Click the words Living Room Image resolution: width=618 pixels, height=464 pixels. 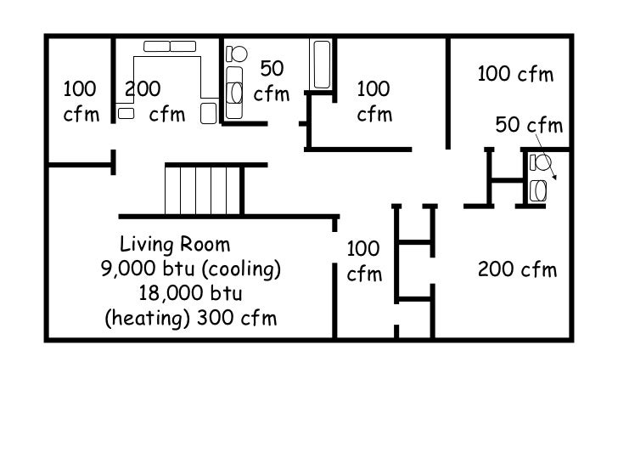point(175,245)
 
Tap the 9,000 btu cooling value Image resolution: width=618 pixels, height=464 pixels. point(191,269)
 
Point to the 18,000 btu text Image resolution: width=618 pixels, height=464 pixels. point(191,293)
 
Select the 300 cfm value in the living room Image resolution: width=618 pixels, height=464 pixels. point(237,318)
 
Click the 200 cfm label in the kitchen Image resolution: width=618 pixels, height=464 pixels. point(154,101)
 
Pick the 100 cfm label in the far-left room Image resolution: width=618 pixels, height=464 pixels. point(81,101)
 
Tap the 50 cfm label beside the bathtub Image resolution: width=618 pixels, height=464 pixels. point(272,81)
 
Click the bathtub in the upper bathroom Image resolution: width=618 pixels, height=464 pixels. point(322,65)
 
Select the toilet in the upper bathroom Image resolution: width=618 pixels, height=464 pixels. point(236,54)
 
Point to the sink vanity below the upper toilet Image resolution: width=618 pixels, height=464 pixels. point(234,93)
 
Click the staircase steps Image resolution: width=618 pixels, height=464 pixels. point(203,190)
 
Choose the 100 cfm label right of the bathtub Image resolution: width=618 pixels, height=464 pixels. point(374,101)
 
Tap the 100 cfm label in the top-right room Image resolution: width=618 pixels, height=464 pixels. point(515,74)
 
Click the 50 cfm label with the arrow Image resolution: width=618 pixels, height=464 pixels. point(529,125)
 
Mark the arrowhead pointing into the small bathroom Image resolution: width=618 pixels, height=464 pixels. point(554,177)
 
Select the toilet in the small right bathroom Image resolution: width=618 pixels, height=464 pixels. point(541,162)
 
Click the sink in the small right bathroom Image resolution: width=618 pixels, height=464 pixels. point(538,190)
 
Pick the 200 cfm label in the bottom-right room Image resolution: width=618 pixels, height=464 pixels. point(517,270)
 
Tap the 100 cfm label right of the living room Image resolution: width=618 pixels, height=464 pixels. point(364,261)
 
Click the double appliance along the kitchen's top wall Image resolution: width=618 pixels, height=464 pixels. point(170,46)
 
